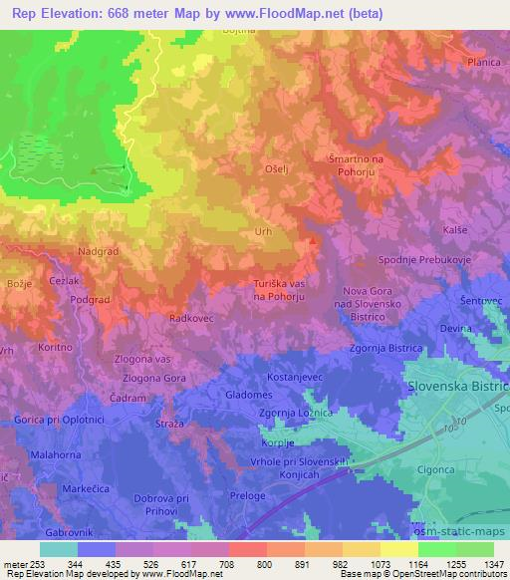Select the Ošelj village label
pyautogui.click(x=277, y=170)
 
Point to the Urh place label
pyautogui.click(x=264, y=232)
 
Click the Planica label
pyautogui.click(x=483, y=62)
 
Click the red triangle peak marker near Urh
pyautogui.click(x=314, y=239)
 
